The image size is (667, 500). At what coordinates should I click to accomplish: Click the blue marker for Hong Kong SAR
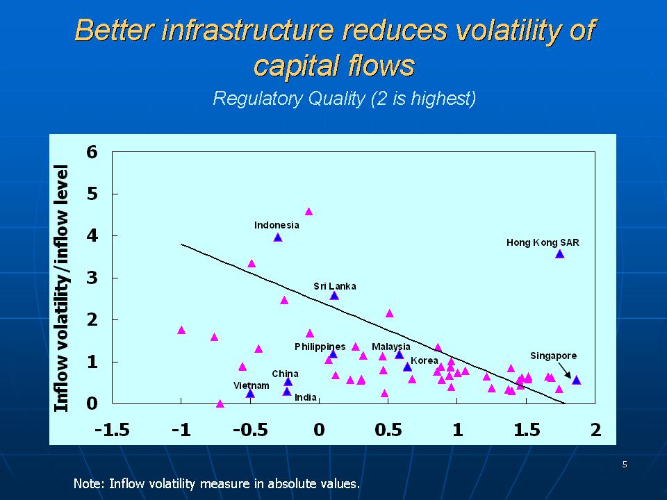(x=559, y=254)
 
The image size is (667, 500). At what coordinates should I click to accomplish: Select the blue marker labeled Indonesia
(x=277, y=237)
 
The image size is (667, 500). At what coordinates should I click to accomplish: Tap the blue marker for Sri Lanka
(x=334, y=296)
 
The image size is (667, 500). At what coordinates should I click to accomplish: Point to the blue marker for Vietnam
(x=250, y=394)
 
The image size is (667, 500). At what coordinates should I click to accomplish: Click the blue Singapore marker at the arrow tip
(x=576, y=380)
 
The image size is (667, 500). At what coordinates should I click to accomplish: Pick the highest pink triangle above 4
(x=308, y=212)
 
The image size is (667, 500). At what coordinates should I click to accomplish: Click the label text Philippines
(x=320, y=347)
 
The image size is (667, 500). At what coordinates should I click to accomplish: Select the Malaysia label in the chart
(x=390, y=347)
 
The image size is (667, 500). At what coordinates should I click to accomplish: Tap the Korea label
(x=424, y=360)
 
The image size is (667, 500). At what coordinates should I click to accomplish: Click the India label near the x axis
(x=306, y=397)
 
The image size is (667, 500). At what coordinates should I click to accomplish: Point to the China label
(x=285, y=374)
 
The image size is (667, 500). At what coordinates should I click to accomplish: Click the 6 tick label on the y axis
(x=92, y=152)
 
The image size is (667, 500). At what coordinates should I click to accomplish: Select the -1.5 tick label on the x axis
(x=113, y=430)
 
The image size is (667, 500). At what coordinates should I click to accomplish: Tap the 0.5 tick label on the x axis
(x=388, y=430)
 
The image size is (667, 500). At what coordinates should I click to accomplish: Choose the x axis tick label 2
(x=595, y=430)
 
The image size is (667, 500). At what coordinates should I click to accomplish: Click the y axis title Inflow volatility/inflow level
(x=63, y=288)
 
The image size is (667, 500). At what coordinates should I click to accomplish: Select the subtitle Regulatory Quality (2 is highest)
(x=344, y=99)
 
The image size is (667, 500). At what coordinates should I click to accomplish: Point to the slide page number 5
(x=625, y=465)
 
